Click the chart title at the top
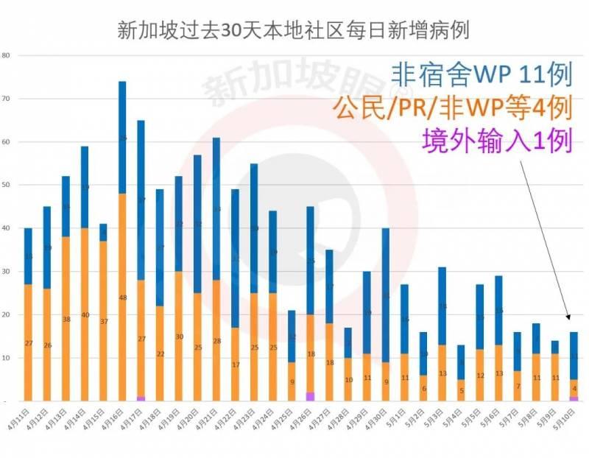pos(294,30)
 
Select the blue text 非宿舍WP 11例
pos(482,74)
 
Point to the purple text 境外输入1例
pos(497,140)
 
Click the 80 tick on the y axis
pos(6,56)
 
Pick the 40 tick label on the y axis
pos(6,228)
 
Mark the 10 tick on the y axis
pos(6,358)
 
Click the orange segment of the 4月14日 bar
pos(85,317)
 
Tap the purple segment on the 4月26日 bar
pos(310,397)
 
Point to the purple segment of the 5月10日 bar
pos(574,398)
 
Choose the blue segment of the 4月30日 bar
pos(386,295)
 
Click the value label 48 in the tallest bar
pos(122,297)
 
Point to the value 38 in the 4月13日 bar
pos(66,320)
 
